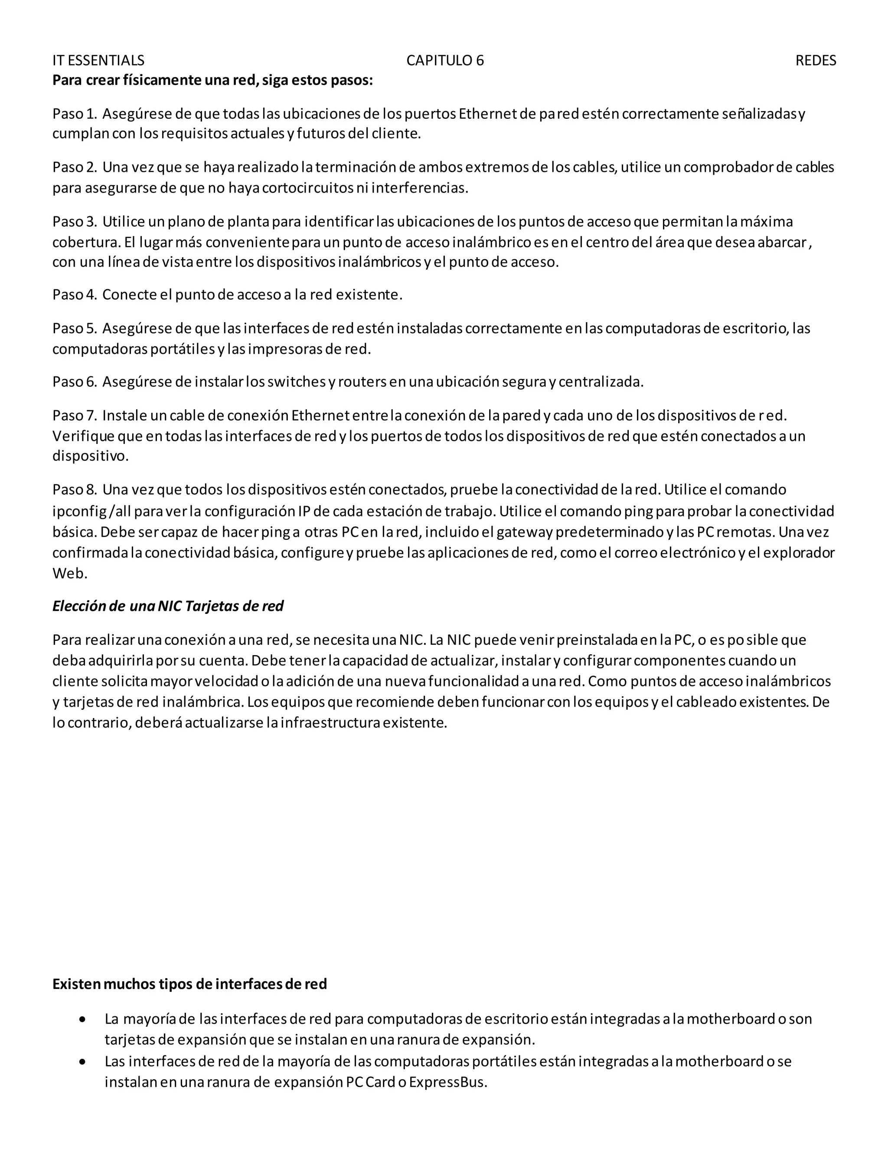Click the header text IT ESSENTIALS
click(98, 61)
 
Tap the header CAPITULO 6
click(445, 61)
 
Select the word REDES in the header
click(816, 61)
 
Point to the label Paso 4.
click(75, 294)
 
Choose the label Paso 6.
click(75, 382)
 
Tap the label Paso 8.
click(75, 490)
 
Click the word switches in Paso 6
click(297, 382)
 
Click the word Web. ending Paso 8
click(69, 574)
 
